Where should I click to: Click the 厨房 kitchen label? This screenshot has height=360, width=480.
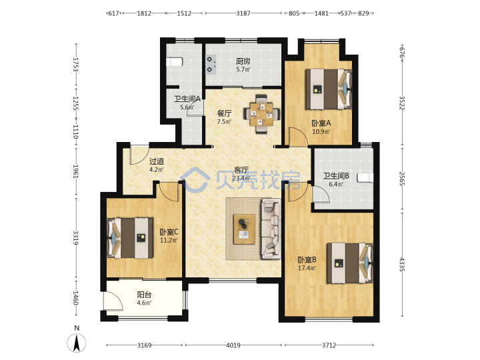tap(243, 61)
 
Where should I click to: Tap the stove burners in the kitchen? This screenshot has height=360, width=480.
tap(211, 64)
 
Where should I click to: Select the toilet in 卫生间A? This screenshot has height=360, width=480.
tap(175, 62)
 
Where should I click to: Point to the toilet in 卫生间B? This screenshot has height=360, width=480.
tap(365, 177)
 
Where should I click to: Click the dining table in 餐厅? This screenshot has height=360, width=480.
tap(261, 114)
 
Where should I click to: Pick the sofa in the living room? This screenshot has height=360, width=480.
tap(271, 229)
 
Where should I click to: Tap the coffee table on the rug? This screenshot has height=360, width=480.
tap(244, 229)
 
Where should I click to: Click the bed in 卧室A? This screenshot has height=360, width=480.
tap(329, 89)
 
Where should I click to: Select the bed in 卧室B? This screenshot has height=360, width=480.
tap(350, 263)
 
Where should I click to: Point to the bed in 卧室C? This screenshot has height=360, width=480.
tap(130, 238)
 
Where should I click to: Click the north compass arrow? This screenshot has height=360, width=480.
tap(77, 343)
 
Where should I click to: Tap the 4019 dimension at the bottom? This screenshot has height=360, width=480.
tap(233, 345)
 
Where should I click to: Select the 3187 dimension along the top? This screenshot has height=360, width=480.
tap(243, 13)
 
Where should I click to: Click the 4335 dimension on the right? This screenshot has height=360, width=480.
tap(402, 265)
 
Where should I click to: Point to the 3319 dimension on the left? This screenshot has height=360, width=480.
tap(75, 237)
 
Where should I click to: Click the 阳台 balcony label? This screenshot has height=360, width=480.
tap(144, 295)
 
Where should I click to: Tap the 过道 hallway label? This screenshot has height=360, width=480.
tap(157, 161)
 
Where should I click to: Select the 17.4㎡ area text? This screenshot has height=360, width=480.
tap(307, 268)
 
